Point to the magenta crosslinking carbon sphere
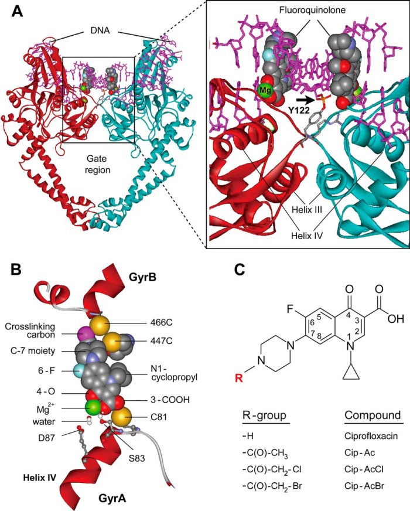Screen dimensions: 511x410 (x=84, y=333)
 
